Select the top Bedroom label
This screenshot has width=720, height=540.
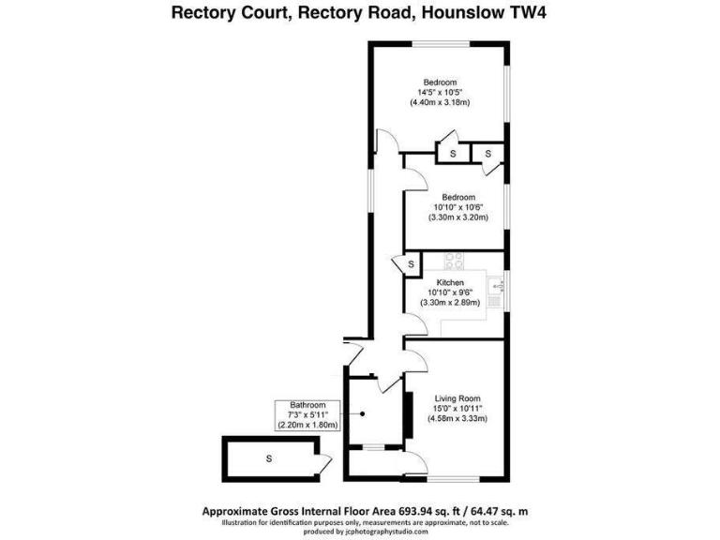pos(439,81)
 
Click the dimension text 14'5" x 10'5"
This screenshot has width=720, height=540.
pos(439,91)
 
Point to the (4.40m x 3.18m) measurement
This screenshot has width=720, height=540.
pos(439,102)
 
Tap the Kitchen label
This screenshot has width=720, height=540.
pos(451,282)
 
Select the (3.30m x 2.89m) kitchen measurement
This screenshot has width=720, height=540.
pos(451,303)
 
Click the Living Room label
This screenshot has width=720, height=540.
pos(457,397)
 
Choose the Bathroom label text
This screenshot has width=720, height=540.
pos(307,404)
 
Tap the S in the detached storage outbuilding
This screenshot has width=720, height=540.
pos(269,458)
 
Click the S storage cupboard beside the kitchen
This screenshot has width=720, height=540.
pos(411,264)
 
